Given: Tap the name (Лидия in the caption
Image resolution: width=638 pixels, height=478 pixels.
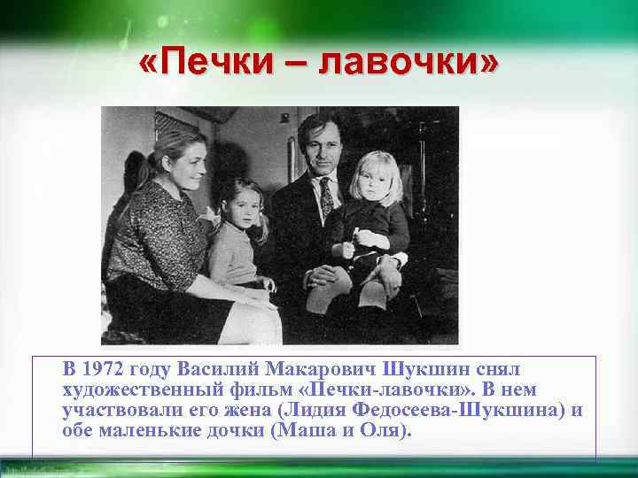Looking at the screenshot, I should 312,411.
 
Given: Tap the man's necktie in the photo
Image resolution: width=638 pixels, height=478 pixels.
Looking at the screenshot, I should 327,196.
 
